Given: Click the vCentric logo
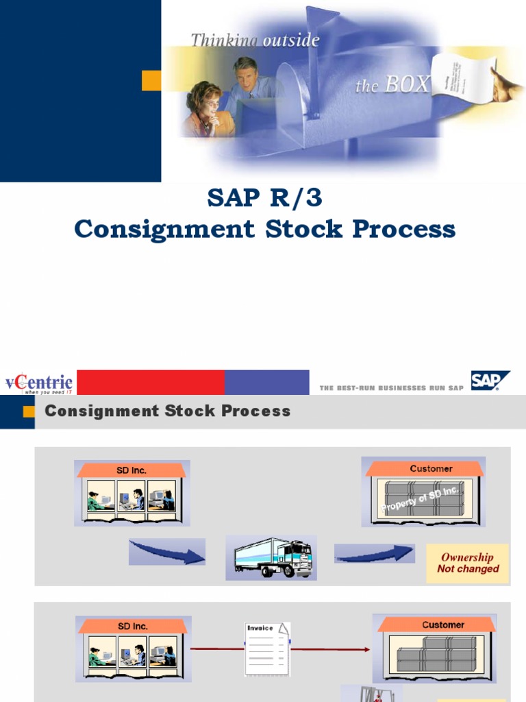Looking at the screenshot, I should tap(38, 383).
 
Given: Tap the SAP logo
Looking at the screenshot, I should tap(490, 380).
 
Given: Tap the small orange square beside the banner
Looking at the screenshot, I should tap(151, 80).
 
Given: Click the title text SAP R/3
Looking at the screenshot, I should tap(264, 199).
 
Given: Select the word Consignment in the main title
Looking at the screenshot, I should tap(165, 229).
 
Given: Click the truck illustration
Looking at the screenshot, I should tap(272, 557).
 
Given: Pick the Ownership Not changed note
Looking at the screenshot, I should tap(468, 564).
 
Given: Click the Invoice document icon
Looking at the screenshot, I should tap(268, 647).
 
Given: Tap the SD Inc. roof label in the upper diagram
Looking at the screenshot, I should tap(132, 470).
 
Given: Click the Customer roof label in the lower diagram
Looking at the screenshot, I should tap(443, 625).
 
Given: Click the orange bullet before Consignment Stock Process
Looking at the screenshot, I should tap(28, 411).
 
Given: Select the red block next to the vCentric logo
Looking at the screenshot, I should tap(151, 383).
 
